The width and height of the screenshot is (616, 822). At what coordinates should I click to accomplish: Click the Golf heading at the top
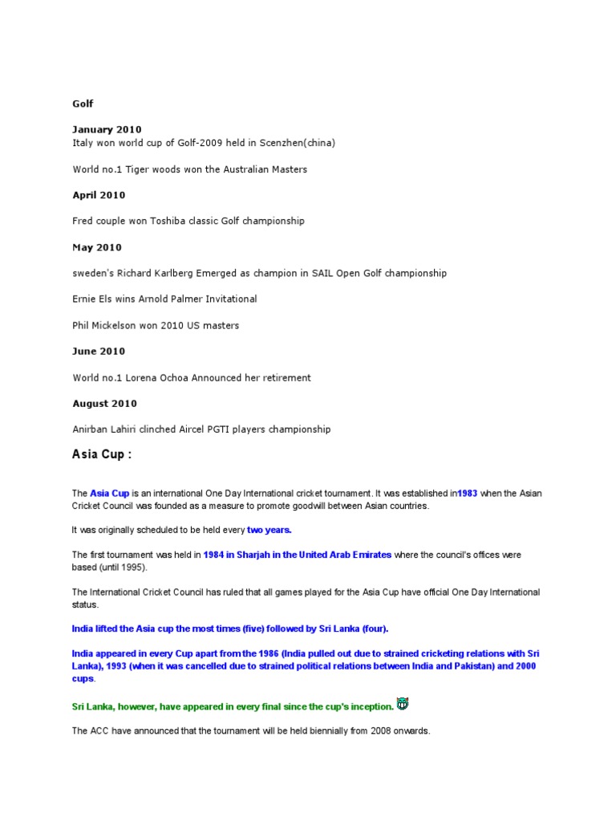(x=83, y=104)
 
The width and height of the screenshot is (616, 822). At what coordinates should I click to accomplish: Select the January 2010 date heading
(x=107, y=129)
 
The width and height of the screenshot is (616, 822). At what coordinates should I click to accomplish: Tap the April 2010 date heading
(x=99, y=195)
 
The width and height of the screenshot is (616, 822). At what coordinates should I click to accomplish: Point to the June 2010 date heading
(x=99, y=351)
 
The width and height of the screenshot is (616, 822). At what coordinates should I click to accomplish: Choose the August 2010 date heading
(x=104, y=404)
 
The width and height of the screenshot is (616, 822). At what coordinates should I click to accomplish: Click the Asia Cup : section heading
(x=101, y=454)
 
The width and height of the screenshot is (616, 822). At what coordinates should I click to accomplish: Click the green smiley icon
(x=403, y=704)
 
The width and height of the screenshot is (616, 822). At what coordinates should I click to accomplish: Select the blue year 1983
(x=467, y=493)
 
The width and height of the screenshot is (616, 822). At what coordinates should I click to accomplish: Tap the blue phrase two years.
(x=269, y=530)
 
